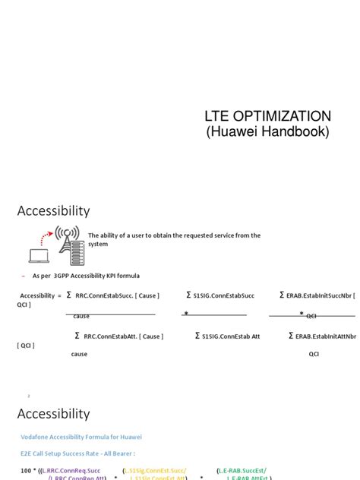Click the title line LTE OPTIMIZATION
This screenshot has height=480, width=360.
[268, 116]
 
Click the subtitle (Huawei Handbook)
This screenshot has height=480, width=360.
[268, 131]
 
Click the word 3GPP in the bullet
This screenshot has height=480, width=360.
[57, 275]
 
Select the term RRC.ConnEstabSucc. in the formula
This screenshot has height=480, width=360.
[112, 295]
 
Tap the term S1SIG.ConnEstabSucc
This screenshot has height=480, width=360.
[226, 295]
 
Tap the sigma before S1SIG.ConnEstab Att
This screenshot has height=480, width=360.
[197, 335]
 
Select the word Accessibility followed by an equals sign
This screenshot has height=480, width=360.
[37, 295]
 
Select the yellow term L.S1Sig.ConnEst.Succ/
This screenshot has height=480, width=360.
[155, 471]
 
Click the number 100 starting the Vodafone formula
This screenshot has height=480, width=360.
[27, 471]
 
